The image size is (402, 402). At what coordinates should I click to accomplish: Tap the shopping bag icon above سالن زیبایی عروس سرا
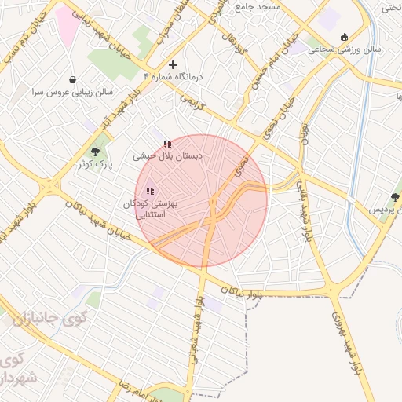point(73,79)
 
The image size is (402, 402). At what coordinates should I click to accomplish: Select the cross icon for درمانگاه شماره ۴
point(174,64)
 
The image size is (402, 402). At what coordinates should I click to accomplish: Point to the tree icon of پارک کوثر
point(96,152)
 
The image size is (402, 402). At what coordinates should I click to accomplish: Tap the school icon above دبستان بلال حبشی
point(167,144)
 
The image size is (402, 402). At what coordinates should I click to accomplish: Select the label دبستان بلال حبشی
point(168,156)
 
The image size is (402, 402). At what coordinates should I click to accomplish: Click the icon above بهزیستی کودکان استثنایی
point(150,191)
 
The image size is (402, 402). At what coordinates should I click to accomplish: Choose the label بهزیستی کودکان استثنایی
point(151,208)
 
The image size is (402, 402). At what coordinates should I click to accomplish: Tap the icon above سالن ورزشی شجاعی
point(344,37)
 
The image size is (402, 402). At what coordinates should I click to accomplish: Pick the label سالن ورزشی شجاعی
point(344,49)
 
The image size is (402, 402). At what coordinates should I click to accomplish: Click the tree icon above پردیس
point(395,197)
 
